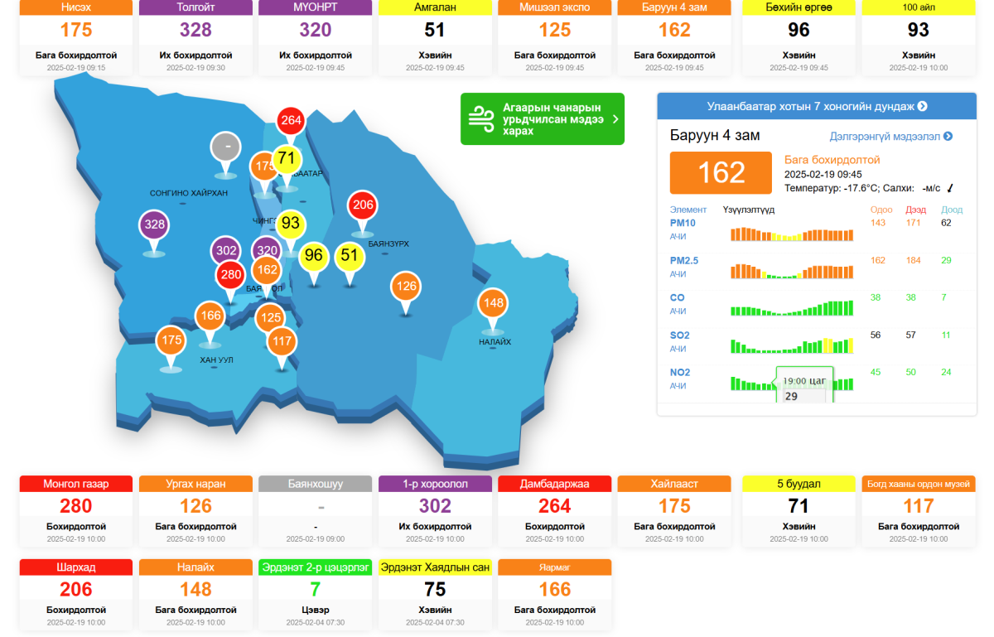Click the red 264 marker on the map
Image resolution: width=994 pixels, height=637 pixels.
(x=291, y=121)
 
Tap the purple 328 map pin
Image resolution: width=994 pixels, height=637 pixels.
(x=155, y=224)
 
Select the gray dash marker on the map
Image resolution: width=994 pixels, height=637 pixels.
(x=226, y=147)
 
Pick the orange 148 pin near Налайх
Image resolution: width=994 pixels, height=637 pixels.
(x=493, y=302)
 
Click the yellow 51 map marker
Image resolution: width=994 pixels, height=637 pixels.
(x=350, y=255)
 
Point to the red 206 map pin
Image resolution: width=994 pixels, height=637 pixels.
(x=363, y=205)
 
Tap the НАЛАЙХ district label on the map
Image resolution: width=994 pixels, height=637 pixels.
(x=495, y=341)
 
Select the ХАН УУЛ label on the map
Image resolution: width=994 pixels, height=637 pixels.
(x=216, y=360)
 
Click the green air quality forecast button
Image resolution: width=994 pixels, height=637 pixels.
(x=542, y=118)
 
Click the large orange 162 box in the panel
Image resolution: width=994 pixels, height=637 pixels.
(x=721, y=172)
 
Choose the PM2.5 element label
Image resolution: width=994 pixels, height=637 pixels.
(x=684, y=260)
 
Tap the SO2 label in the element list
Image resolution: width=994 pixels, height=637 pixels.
(x=679, y=335)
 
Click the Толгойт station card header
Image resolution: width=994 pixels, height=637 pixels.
(x=195, y=7)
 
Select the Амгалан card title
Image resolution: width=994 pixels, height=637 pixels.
(x=435, y=7)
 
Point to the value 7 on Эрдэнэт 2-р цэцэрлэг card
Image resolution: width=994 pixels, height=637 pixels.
(x=315, y=589)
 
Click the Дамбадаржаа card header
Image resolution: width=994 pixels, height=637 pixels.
(x=554, y=484)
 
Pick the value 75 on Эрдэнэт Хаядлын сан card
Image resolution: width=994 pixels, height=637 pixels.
(x=435, y=589)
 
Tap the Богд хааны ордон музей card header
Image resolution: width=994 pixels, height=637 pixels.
(x=919, y=484)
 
